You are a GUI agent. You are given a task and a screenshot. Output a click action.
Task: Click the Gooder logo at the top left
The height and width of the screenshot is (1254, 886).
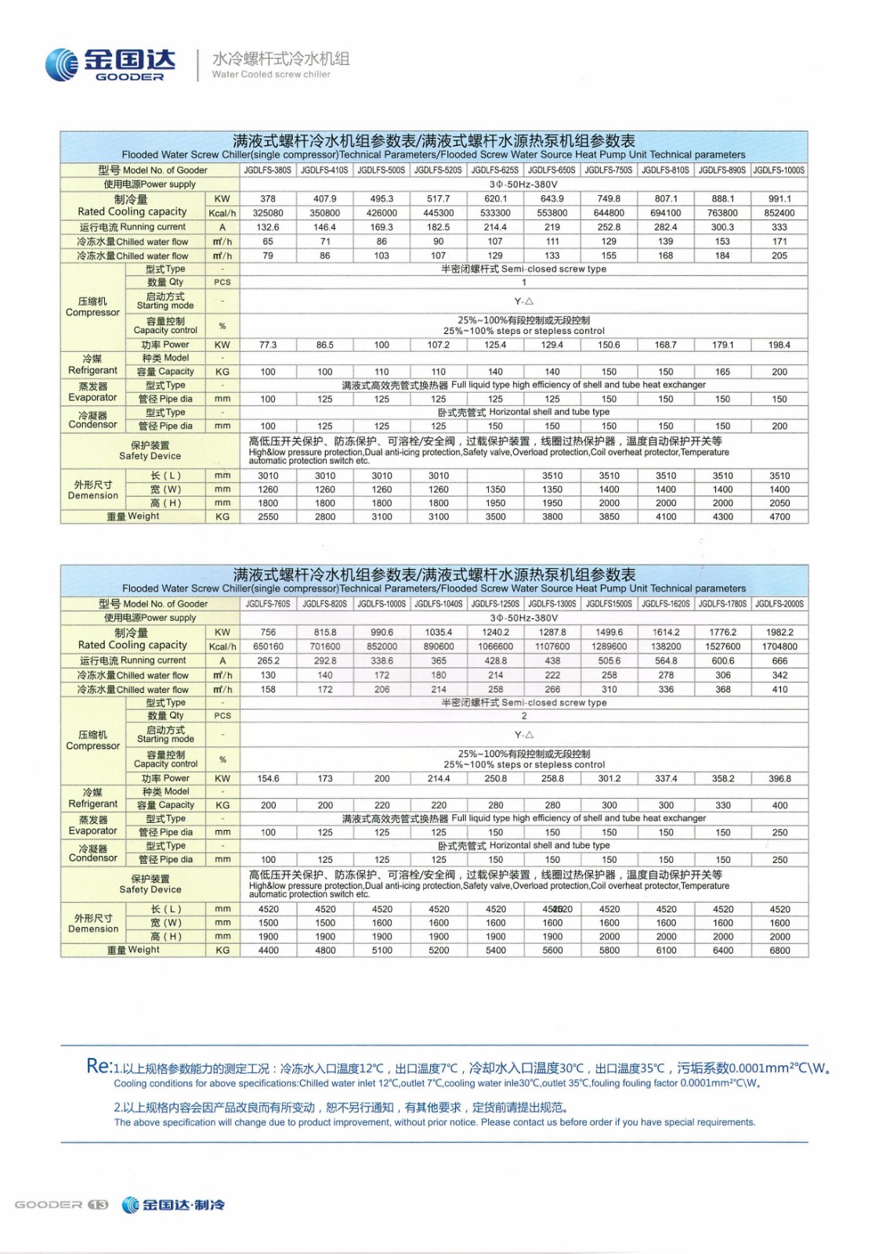(110, 64)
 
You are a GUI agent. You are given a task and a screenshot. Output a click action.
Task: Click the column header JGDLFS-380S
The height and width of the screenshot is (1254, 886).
(267, 170)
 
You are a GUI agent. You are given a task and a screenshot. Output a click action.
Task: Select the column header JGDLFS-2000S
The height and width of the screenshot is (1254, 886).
(779, 604)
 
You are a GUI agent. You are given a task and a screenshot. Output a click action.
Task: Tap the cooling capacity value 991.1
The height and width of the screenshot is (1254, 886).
(779, 199)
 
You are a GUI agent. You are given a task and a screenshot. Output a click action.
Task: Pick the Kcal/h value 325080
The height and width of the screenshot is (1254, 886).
(268, 213)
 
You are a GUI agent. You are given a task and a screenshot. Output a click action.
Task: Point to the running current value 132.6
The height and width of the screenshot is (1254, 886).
(268, 227)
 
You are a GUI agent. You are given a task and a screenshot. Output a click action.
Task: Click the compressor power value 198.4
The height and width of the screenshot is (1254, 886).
(779, 345)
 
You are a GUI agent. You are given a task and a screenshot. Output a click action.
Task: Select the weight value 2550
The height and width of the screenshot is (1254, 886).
(268, 517)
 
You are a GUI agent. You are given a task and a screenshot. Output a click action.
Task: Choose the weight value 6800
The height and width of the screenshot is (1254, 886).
(779, 951)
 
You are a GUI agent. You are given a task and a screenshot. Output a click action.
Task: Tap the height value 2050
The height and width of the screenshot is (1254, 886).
(779, 503)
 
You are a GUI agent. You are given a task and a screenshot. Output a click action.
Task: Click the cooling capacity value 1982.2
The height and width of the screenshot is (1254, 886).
(779, 632)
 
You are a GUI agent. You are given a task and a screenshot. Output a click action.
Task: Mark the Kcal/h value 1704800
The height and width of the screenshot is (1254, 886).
(779, 647)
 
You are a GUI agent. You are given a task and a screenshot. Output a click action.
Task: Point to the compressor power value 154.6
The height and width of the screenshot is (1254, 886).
(268, 779)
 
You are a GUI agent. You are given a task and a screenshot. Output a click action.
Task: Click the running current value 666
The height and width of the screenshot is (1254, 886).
(779, 661)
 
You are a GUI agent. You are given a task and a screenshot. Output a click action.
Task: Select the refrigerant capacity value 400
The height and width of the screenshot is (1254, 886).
(779, 806)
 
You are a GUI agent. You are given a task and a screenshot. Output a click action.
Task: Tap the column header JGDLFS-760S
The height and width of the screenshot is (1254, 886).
(268, 604)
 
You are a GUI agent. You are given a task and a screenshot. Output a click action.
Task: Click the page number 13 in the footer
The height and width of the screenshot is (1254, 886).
(98, 1205)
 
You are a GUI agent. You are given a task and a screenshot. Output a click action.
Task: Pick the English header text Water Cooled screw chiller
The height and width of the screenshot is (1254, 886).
(271, 74)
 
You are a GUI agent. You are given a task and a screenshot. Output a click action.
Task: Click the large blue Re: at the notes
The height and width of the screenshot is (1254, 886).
(99, 1066)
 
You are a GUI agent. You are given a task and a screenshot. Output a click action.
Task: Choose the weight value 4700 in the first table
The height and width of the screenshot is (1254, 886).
(779, 517)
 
